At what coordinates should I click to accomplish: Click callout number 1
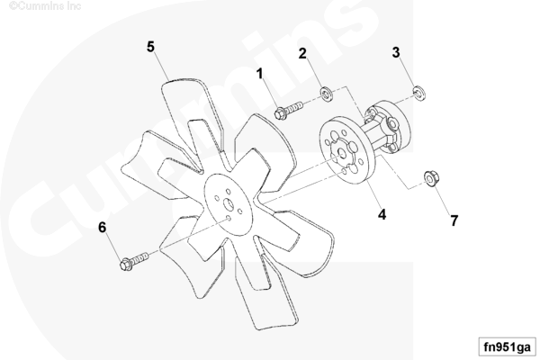click(x=260, y=74)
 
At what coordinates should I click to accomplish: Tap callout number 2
click(x=302, y=53)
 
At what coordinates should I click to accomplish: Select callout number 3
click(x=396, y=52)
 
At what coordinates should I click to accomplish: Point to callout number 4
click(x=382, y=214)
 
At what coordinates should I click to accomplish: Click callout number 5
click(x=150, y=47)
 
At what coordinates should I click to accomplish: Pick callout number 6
click(x=103, y=228)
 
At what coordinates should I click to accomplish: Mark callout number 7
click(x=454, y=220)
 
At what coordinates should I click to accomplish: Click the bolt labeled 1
click(x=289, y=109)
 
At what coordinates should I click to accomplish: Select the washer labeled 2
click(x=326, y=94)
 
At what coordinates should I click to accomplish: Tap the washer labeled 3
click(x=418, y=93)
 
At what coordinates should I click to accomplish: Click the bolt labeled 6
click(x=134, y=261)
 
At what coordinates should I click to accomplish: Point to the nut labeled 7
click(x=431, y=179)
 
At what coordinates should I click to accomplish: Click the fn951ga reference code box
click(x=508, y=346)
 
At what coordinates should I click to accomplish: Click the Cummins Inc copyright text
click(x=45, y=6)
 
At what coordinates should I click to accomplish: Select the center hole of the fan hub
click(x=229, y=204)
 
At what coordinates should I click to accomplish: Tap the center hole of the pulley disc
click(x=342, y=154)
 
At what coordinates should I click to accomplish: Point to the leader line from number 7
click(x=442, y=202)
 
